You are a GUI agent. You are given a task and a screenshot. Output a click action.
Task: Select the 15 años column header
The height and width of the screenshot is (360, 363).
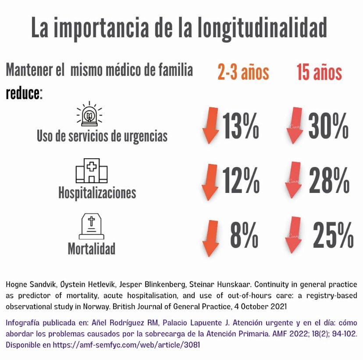coord(319,72)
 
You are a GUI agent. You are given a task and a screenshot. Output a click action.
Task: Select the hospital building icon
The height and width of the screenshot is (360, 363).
coord(91,171)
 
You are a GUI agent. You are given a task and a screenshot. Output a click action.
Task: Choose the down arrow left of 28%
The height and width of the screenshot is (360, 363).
coord(294,180)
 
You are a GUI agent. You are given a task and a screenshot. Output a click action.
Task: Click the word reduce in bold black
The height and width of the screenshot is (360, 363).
coord(23,93)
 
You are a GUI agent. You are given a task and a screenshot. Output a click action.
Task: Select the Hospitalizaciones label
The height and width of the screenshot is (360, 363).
coord(97,193)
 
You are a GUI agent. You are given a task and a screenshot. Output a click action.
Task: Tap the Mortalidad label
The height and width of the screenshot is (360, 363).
coord(91,249)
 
